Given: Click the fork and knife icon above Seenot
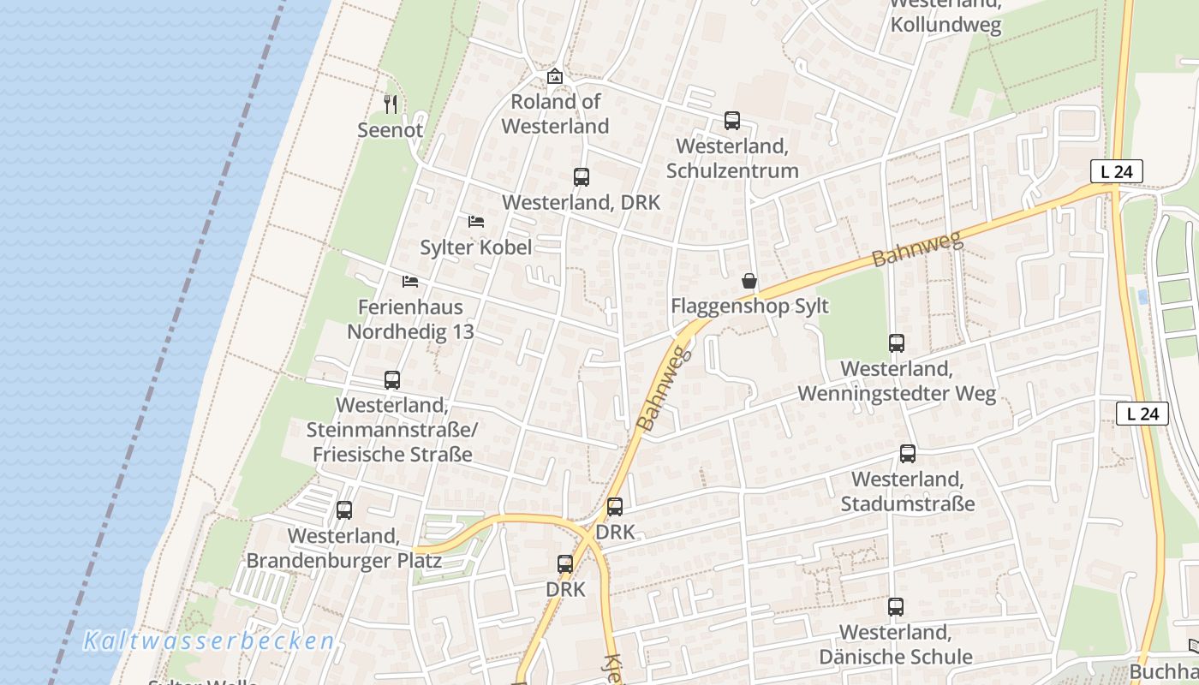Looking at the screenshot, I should pos(391,104).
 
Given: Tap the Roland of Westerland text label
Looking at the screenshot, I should pos(555,114).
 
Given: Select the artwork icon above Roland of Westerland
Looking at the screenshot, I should pos(555,76).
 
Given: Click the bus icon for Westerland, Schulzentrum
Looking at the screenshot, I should pos(731,121).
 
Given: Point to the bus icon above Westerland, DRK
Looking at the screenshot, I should pos(582,177).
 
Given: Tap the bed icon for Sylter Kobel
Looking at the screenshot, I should pos(476,222).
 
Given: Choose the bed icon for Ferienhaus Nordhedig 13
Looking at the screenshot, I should pos(410,281).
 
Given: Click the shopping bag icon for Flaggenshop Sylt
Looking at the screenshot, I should pos(749,281).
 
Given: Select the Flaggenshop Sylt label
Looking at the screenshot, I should pos(749,306).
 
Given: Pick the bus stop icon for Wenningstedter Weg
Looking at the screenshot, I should pos(897,343).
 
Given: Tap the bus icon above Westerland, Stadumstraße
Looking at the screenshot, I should pos(908,454).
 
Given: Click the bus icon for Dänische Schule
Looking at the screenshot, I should pos(896,607).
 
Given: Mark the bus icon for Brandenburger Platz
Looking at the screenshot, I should pos(344,510).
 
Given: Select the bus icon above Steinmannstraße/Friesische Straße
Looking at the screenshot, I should pos(392,380).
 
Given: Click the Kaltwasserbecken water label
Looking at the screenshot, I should pos(209,641).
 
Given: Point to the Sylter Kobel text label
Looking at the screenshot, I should pos(475,247).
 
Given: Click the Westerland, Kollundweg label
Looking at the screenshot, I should pos(945,17).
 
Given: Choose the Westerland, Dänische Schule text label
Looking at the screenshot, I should pos(896,645).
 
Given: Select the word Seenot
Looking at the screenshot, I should pos(391,130).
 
